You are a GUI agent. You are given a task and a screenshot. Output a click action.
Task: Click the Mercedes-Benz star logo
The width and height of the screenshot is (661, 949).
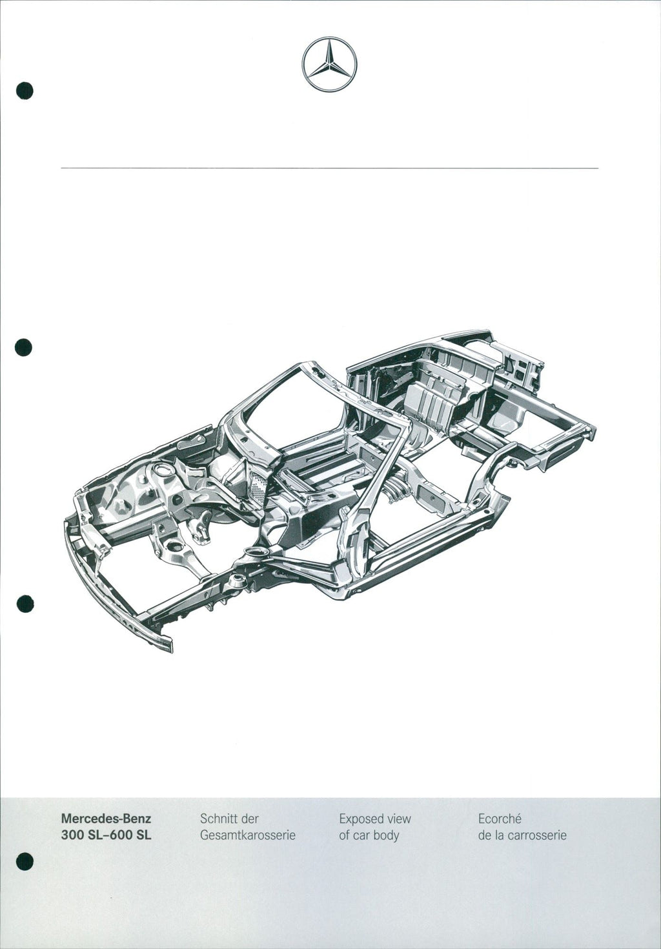pyautogui.click(x=329, y=64)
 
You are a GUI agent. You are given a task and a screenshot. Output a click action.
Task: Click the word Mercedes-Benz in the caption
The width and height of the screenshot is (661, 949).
pyautogui.click(x=106, y=819)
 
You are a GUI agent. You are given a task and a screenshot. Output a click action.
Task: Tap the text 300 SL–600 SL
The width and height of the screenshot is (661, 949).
pyautogui.click(x=106, y=835)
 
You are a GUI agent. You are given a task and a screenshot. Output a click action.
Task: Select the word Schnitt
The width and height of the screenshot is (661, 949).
pyautogui.click(x=219, y=819)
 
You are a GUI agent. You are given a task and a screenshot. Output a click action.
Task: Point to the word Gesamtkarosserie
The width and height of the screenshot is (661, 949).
pyautogui.click(x=248, y=835)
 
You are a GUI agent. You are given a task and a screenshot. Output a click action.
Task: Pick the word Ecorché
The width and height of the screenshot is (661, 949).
pyautogui.click(x=500, y=819)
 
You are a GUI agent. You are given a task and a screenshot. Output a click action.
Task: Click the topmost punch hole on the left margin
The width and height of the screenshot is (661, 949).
pyautogui.click(x=25, y=90)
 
